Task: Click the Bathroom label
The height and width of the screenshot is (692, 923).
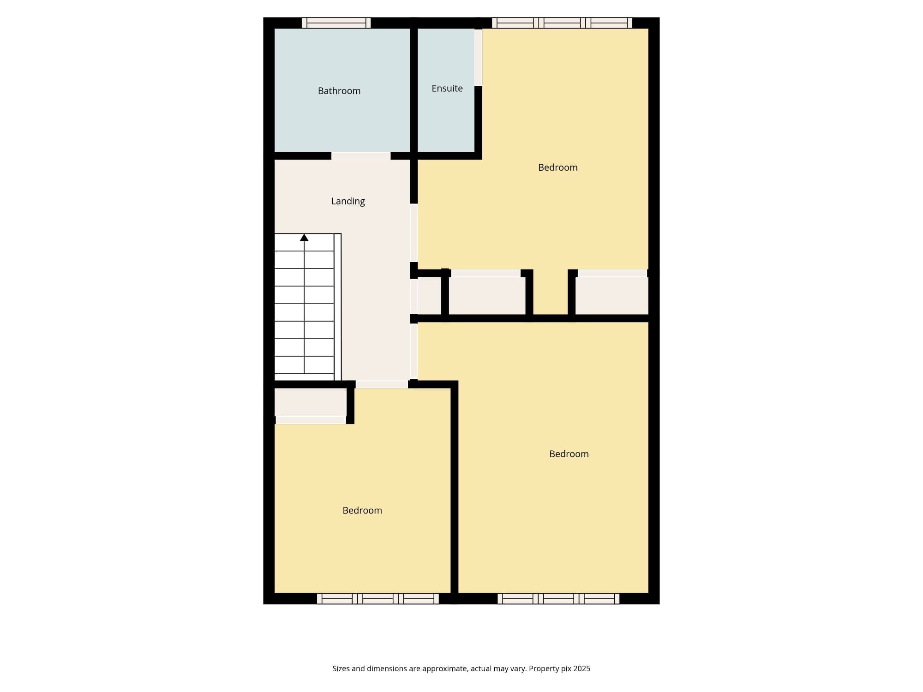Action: (x=339, y=91)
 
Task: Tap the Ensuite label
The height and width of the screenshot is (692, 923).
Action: (x=447, y=88)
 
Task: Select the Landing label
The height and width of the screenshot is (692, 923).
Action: (x=348, y=201)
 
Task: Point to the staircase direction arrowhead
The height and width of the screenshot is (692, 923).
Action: (x=304, y=238)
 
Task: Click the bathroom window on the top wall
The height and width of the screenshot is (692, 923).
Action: (x=336, y=23)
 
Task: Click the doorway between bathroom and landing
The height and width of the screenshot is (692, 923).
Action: (x=361, y=156)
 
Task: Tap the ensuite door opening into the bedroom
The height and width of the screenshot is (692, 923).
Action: (x=479, y=58)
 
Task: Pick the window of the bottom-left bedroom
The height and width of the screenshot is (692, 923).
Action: (x=378, y=598)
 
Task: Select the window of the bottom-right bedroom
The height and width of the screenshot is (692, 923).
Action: (x=558, y=598)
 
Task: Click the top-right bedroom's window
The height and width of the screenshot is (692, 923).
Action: (x=562, y=23)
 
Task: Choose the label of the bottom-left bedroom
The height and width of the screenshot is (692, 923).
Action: (x=362, y=510)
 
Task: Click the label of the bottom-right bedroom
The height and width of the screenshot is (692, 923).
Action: (x=569, y=454)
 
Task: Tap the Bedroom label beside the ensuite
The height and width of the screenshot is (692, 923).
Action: (x=558, y=167)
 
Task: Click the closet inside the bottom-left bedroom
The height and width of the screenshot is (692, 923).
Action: (x=311, y=402)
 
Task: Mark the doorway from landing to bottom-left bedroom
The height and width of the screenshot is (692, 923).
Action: (x=382, y=384)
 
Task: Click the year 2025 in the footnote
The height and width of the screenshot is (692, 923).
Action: (x=582, y=668)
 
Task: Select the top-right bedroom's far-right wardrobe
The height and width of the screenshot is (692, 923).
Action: (x=612, y=296)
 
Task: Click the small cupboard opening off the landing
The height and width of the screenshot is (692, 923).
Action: (x=430, y=296)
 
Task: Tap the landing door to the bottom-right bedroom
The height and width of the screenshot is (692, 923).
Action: (x=414, y=351)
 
